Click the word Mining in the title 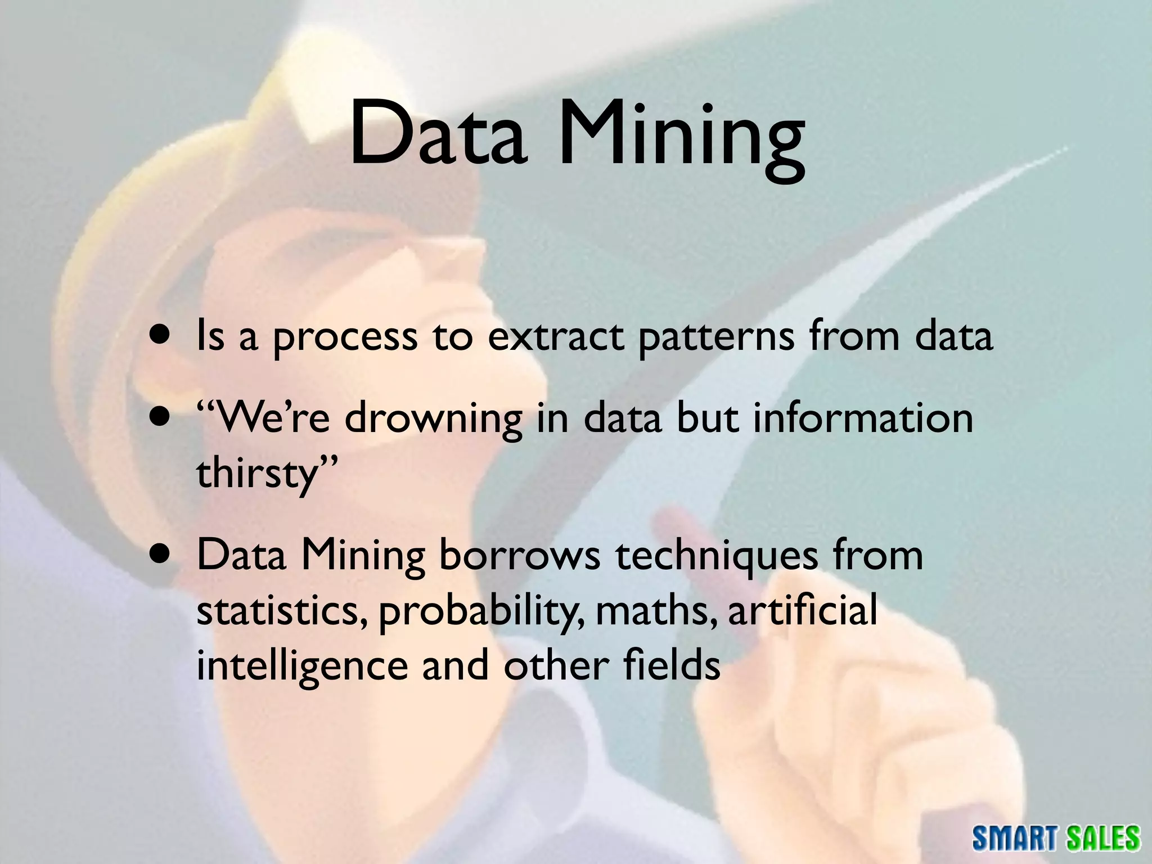click(x=681, y=138)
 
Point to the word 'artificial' click(x=802, y=611)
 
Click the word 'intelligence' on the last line click(x=301, y=667)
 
